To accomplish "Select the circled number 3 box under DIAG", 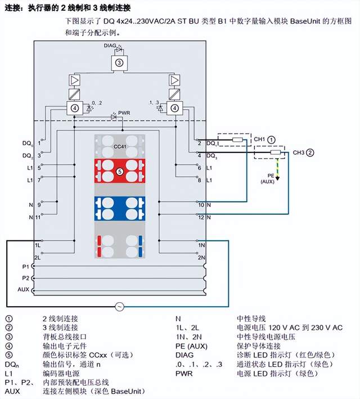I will (x=119, y=63).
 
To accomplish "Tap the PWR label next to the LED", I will (x=124, y=113).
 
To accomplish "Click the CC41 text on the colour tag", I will (x=119, y=146).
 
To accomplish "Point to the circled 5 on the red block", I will (x=119, y=170).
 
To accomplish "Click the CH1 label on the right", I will (x=259, y=138).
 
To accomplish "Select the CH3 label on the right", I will (x=298, y=152).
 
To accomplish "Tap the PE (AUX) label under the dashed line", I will (x=267, y=179).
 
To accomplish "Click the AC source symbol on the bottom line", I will (x=119, y=306).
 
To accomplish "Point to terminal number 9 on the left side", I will (x=39, y=205).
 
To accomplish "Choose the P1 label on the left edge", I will (x=25, y=266).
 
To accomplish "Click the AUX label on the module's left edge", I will (x=24, y=289).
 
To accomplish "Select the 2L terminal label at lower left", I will (x=38, y=257).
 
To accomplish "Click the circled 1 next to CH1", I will (x=271, y=138).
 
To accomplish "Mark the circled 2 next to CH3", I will (x=310, y=152).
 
